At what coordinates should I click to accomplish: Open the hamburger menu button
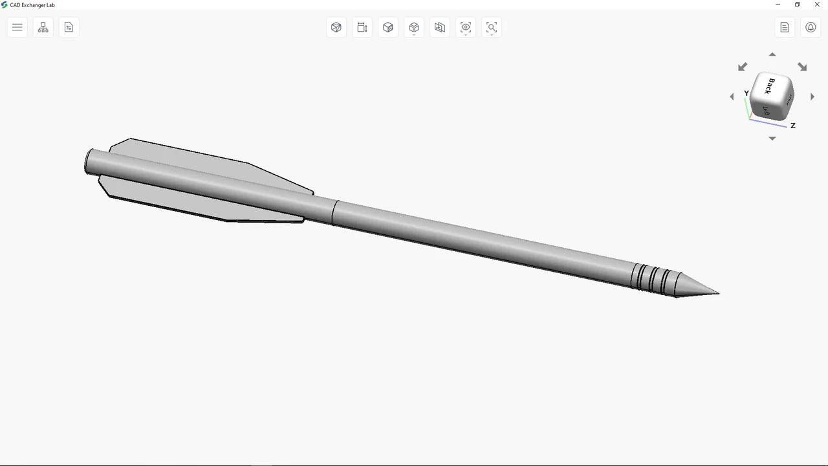coord(17,27)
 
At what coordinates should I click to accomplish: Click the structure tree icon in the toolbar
coord(43,27)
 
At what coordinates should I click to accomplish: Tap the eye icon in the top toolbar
coord(466,27)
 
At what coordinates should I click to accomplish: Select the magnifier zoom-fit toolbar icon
coord(492,27)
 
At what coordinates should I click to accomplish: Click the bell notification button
coord(811,27)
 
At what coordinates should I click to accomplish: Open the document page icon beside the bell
coord(785,27)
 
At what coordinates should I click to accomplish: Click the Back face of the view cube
coord(771,86)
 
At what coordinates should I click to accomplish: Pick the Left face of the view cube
coord(767,110)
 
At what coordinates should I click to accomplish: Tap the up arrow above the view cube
coord(772,55)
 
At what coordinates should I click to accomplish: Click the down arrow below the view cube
coord(772,139)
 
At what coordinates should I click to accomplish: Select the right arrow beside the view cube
coord(812,97)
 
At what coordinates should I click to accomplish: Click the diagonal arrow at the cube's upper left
coord(743,67)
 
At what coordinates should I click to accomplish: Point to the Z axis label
coord(792,126)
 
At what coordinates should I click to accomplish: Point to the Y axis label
coord(746,93)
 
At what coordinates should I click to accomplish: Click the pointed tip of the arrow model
coord(715,293)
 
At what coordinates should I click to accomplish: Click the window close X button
coord(817,5)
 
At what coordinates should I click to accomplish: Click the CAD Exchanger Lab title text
coord(32,5)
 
